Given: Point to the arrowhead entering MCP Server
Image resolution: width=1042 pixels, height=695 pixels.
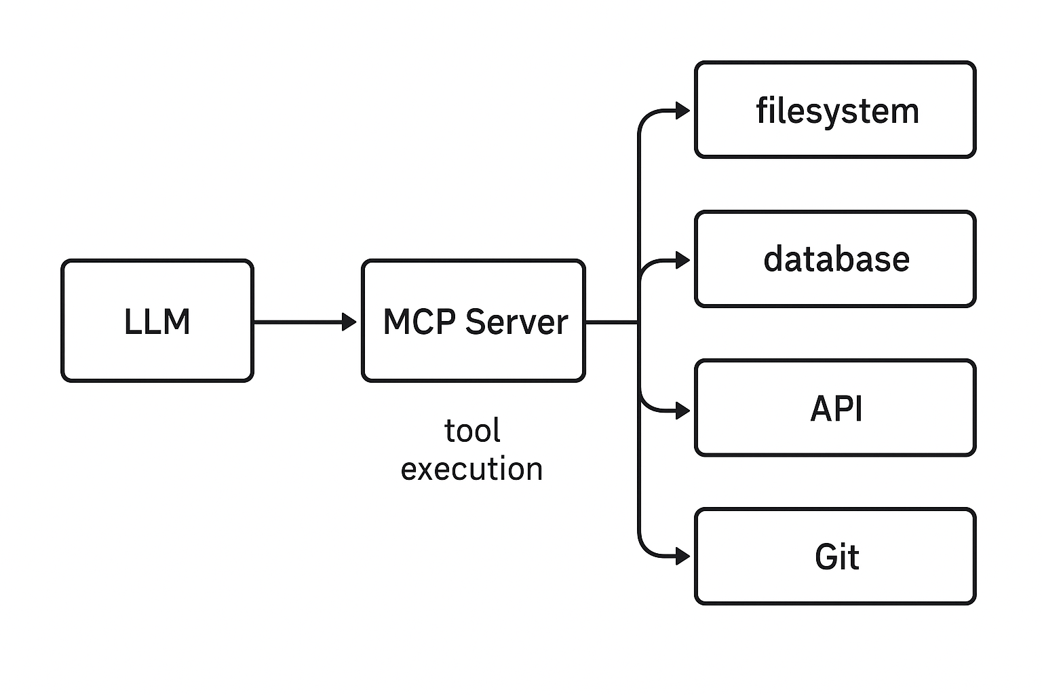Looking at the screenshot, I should pyautogui.click(x=350, y=322).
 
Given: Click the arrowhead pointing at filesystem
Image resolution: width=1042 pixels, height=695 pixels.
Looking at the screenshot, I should pyautogui.click(x=683, y=110).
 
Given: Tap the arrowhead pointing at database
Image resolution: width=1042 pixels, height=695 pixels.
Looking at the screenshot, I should pyautogui.click(x=683, y=260).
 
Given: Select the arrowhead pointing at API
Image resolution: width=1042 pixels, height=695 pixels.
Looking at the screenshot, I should pyautogui.click(x=683, y=410).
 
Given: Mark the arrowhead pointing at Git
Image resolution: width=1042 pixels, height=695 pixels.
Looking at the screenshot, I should pyautogui.click(x=683, y=557).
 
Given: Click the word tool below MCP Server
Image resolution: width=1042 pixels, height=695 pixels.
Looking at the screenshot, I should pyautogui.click(x=472, y=431).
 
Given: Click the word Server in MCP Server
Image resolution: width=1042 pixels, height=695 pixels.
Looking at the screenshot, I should pyautogui.click(x=517, y=322).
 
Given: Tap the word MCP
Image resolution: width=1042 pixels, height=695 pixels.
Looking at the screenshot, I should pyautogui.click(x=419, y=322).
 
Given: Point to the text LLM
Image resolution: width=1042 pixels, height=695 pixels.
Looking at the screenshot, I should pyautogui.click(x=157, y=322).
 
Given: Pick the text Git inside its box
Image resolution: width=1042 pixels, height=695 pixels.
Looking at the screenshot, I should pyautogui.click(x=836, y=557).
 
